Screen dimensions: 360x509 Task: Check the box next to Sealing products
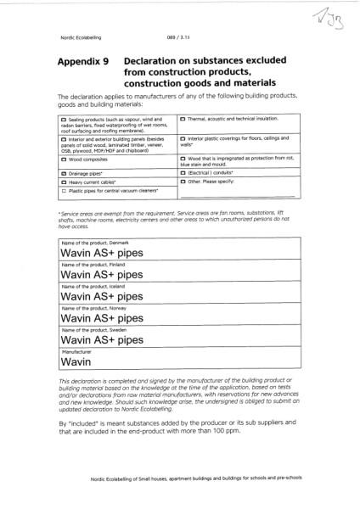click(63, 122)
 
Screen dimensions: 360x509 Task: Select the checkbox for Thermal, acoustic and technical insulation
click(183, 122)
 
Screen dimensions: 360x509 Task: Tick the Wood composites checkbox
click(63, 159)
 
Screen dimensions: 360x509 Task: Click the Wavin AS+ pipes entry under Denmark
click(97, 253)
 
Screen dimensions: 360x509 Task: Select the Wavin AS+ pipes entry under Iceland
click(97, 298)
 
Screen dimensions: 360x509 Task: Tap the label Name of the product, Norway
click(93, 310)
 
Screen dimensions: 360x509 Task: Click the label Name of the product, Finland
click(93, 265)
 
